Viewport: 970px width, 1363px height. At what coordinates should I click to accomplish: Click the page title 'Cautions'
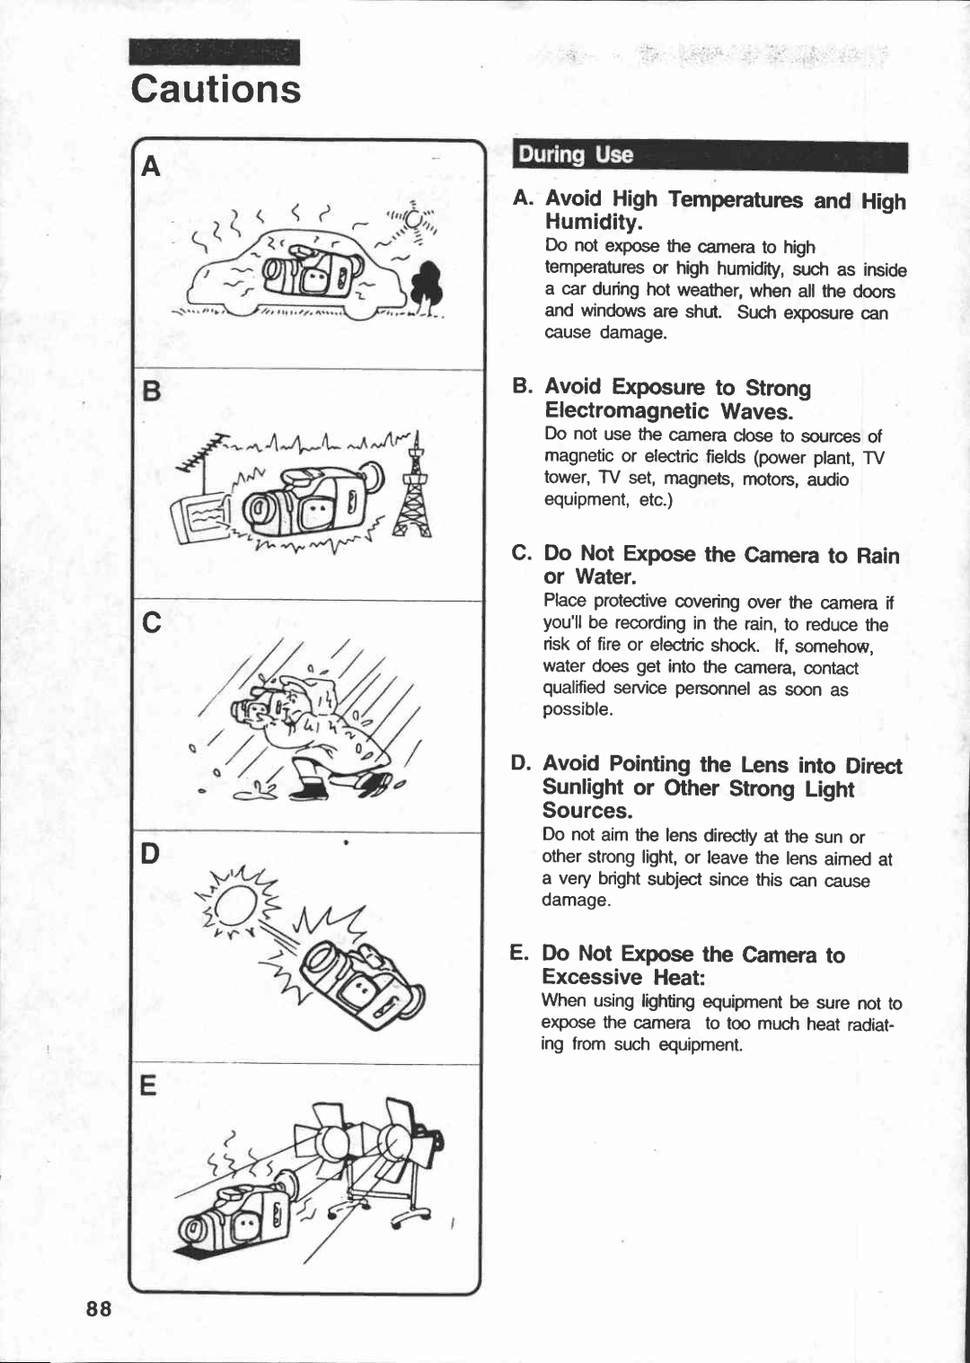pyautogui.click(x=216, y=90)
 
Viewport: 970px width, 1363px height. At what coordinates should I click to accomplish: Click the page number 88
pyautogui.click(x=99, y=1308)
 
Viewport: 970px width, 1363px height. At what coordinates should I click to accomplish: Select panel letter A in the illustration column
pyautogui.click(x=152, y=167)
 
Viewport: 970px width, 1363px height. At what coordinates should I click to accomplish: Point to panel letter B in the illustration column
pyautogui.click(x=151, y=393)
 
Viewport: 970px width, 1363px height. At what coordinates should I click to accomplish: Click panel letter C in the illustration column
pyautogui.click(x=152, y=622)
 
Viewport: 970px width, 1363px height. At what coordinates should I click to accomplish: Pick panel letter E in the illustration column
pyautogui.click(x=148, y=1086)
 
